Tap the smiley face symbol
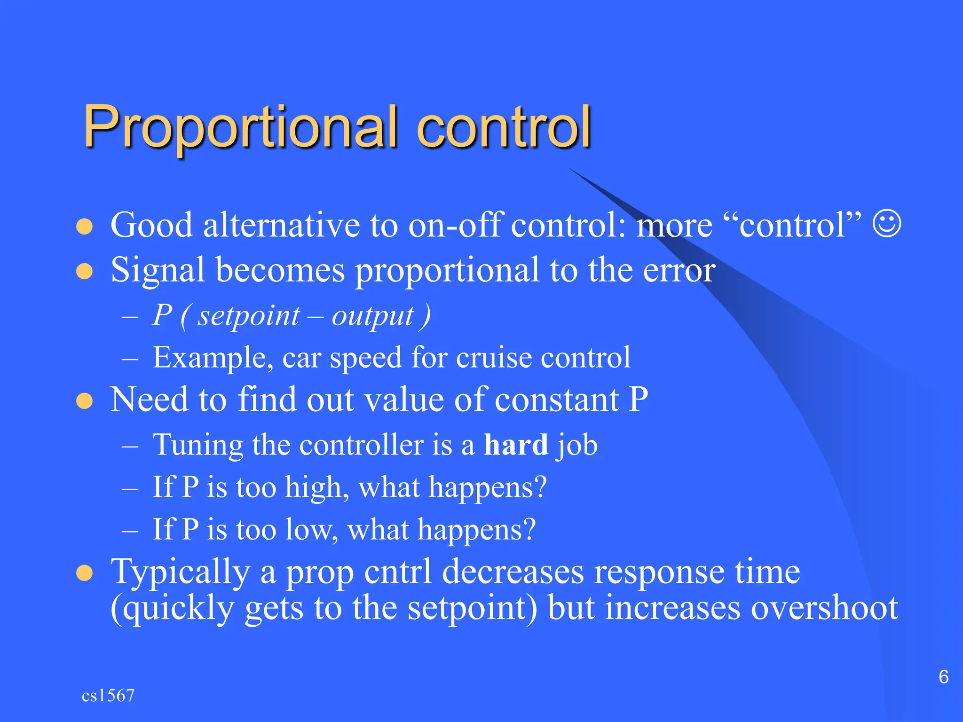click(x=887, y=224)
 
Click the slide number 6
click(x=943, y=677)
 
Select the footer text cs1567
click(x=108, y=696)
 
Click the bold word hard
click(x=516, y=445)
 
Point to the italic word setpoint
click(x=248, y=316)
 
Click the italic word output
click(x=373, y=316)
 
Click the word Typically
click(x=180, y=573)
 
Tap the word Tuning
click(x=197, y=445)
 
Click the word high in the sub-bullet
click(x=314, y=487)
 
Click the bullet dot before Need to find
click(x=85, y=401)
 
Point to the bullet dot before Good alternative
click(x=85, y=226)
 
